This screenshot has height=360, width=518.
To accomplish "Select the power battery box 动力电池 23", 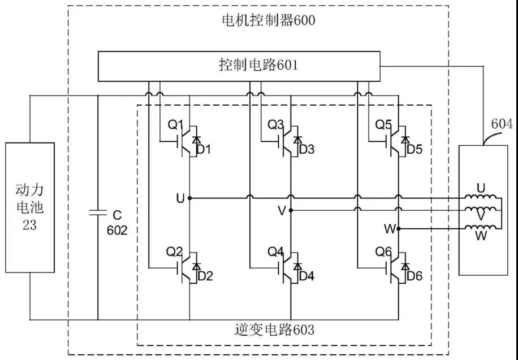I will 30,207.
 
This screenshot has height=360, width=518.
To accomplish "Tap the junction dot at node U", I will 189,198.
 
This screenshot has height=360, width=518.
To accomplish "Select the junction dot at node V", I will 291,210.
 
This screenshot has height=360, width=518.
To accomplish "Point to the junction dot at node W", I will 399,229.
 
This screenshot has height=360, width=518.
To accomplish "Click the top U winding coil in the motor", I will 481,198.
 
